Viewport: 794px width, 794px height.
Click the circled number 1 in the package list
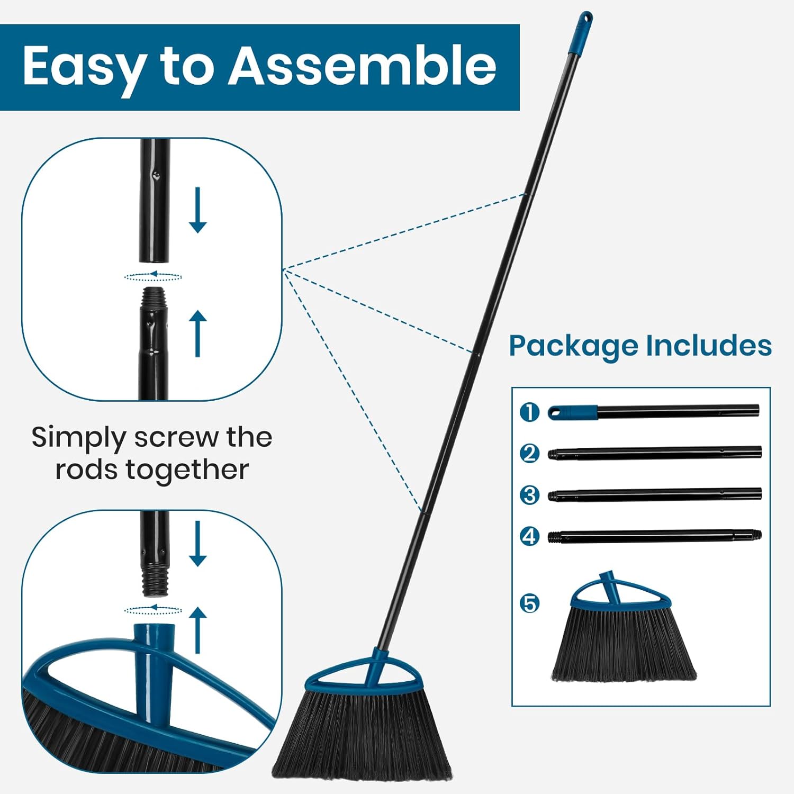529,412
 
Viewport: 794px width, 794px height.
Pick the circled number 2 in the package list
529,453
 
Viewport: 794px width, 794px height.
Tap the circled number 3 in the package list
529,495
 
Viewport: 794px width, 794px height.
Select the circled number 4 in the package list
529,537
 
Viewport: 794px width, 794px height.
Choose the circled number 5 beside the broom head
529,603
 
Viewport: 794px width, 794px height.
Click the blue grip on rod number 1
573,412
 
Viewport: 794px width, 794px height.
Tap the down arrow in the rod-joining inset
197,210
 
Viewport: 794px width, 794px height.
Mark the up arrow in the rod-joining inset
197,333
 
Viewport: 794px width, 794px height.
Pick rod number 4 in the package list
654,537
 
